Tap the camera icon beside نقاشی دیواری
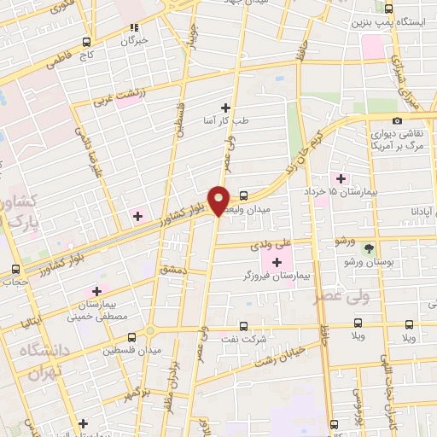pyautogui.click(x=397, y=121)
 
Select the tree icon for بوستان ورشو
pyautogui.click(x=368, y=248)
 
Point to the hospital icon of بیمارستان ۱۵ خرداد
pyautogui.click(x=341, y=178)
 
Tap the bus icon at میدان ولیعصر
pyautogui.click(x=244, y=195)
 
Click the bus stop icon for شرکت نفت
pyautogui.click(x=244, y=325)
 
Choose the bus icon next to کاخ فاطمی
pyautogui.click(x=86, y=42)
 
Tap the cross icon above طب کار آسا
pyautogui.click(x=225, y=107)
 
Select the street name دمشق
pyautogui.click(x=170, y=268)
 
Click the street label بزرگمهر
pyautogui.click(x=141, y=375)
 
